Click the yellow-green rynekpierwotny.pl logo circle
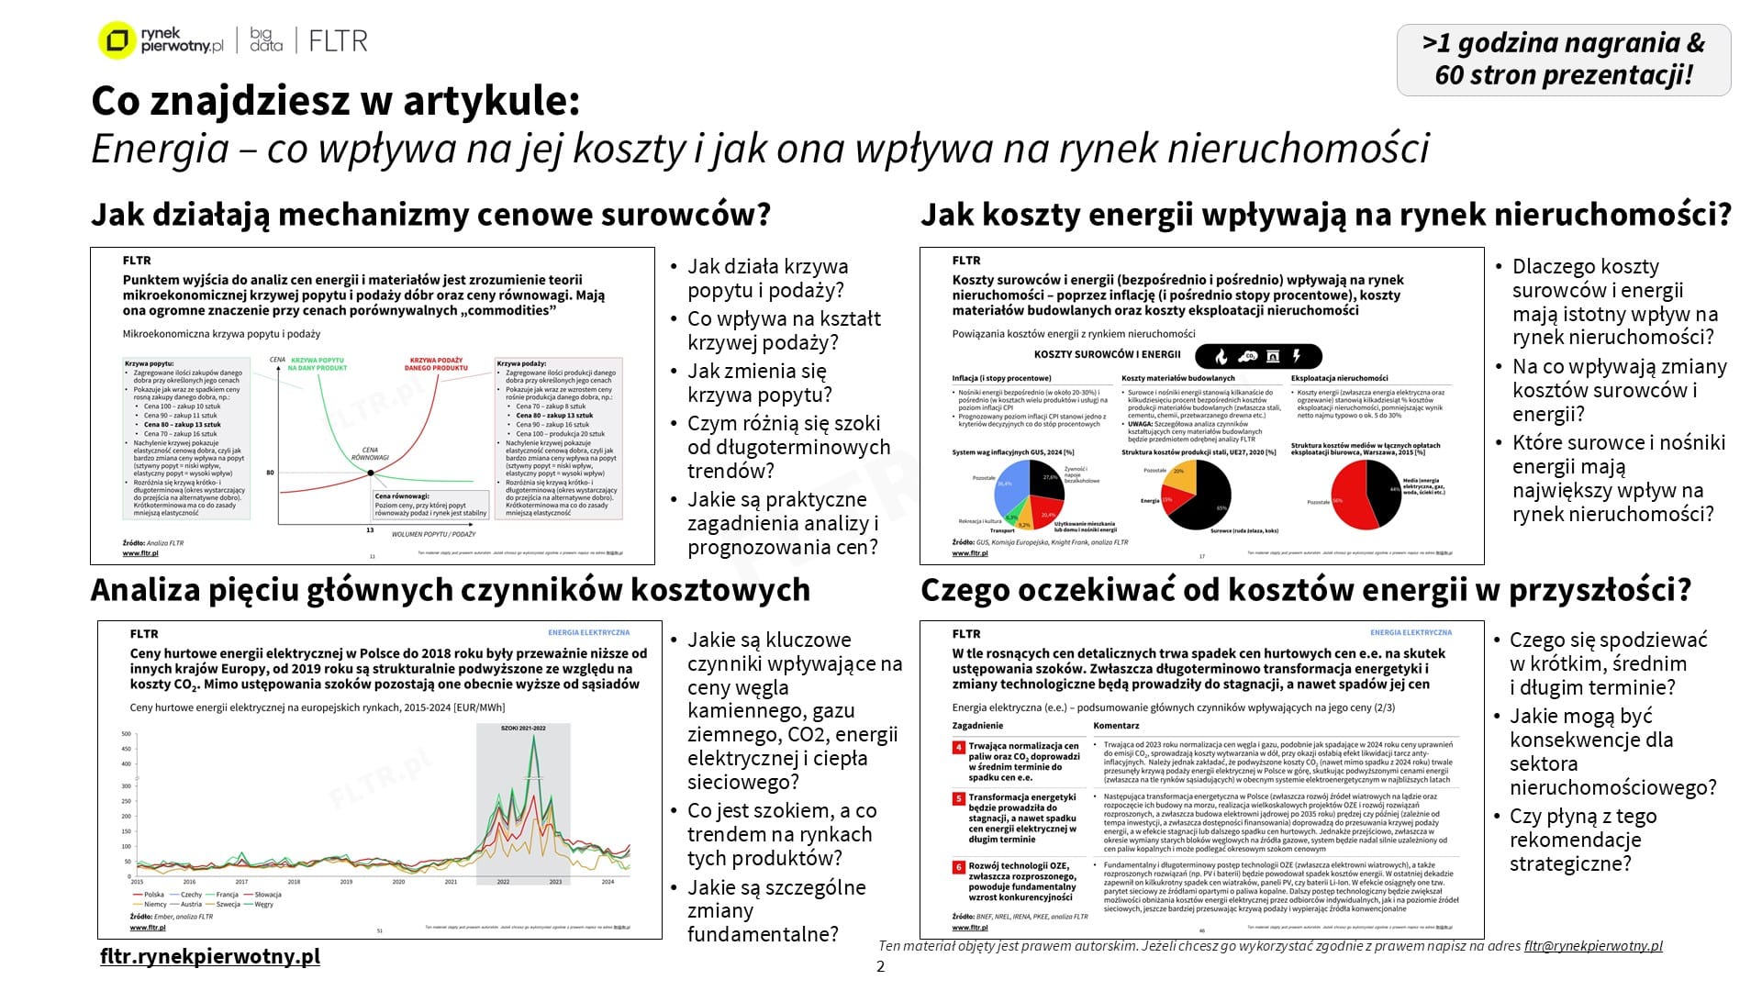(x=117, y=41)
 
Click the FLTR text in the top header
(x=338, y=41)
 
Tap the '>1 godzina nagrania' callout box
(x=1563, y=60)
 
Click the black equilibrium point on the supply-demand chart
(x=371, y=473)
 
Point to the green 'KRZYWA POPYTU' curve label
(x=318, y=363)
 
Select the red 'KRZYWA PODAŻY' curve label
(x=436, y=363)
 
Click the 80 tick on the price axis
(x=270, y=473)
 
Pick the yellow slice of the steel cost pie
(x=1182, y=478)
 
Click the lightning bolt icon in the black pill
(x=1297, y=356)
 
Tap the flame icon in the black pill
(x=1221, y=356)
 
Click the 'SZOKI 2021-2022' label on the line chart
(x=523, y=728)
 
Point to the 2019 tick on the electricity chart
(x=346, y=882)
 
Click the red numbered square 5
(x=958, y=798)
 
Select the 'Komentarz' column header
(x=1116, y=726)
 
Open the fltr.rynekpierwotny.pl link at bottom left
(x=210, y=956)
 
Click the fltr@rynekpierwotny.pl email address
(x=1593, y=946)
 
